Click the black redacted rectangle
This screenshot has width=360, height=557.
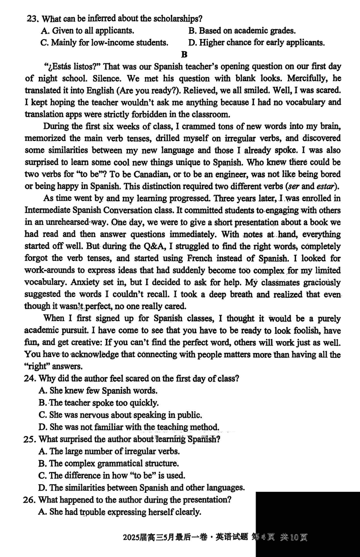[308, 524]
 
